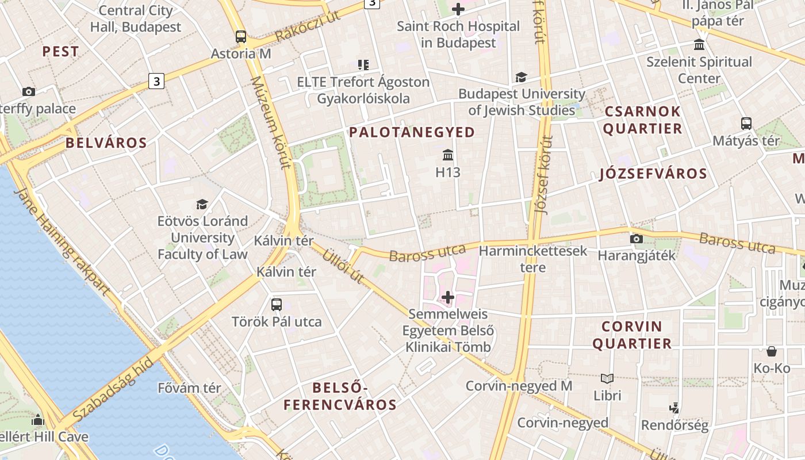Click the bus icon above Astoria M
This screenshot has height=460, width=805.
coord(241,37)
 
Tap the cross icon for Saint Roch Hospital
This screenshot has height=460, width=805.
coord(458,9)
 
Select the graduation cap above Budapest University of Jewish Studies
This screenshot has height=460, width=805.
coord(521,77)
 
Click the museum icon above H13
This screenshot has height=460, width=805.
coord(448,155)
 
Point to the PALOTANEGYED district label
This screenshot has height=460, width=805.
coord(412,132)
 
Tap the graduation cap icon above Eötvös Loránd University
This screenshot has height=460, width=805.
coord(202,204)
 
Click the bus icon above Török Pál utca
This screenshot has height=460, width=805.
coord(277,304)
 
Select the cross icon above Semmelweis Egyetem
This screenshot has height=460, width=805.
coord(448,297)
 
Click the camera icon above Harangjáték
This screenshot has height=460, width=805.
coord(637,239)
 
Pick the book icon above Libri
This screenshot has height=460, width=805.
coord(607,378)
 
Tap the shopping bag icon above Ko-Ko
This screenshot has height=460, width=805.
coord(772,351)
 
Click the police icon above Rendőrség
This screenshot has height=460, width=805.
coord(674,408)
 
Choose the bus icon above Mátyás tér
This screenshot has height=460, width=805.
coord(746,123)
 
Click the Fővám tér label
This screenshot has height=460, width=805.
coord(189,388)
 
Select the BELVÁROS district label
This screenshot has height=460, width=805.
coord(106,143)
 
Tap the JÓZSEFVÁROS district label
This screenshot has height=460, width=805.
coord(653,174)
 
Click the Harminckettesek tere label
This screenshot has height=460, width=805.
coord(533,259)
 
